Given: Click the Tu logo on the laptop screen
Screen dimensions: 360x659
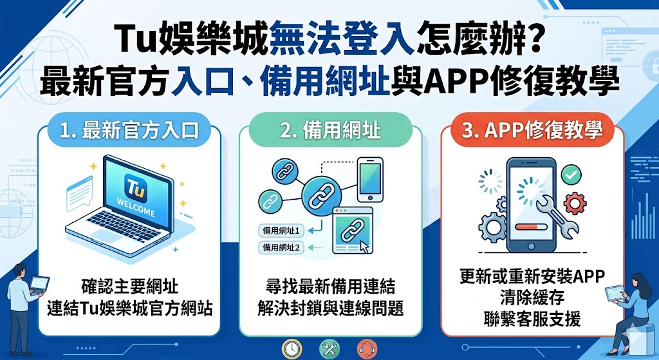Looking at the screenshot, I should [135, 191].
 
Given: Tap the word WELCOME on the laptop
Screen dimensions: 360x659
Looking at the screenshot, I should [136, 213].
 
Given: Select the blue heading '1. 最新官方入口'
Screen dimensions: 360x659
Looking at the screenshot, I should [128, 131].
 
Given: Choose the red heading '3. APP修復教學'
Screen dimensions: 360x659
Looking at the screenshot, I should [532, 131].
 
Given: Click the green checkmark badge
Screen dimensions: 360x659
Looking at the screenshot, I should [570, 174].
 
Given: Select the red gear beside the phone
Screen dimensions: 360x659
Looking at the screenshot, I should [574, 204].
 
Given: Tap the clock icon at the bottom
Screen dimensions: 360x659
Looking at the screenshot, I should [293, 348].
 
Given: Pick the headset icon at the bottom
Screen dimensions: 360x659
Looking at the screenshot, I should [367, 348].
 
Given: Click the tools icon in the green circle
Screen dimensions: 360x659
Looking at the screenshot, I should [329, 348].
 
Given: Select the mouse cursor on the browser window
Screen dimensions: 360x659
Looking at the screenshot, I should [365, 245].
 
